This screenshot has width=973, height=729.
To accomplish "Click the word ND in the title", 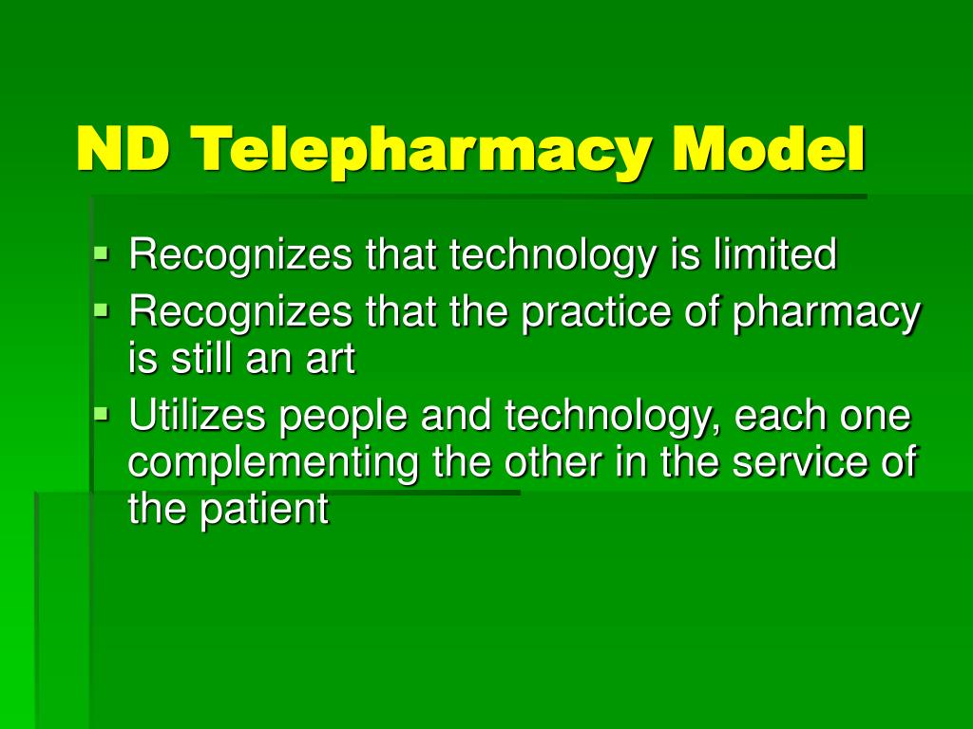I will point(123,150).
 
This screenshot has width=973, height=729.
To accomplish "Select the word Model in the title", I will point(770,150).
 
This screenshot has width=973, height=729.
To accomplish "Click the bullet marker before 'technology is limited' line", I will point(103,253).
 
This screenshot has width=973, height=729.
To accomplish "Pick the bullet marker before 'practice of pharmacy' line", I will point(103,309).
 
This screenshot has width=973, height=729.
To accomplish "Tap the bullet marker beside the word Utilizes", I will point(103,414).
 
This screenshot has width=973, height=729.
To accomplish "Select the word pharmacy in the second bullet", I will point(826,313).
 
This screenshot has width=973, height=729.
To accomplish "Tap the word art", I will point(333,359).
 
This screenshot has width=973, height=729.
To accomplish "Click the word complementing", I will point(276,464).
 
